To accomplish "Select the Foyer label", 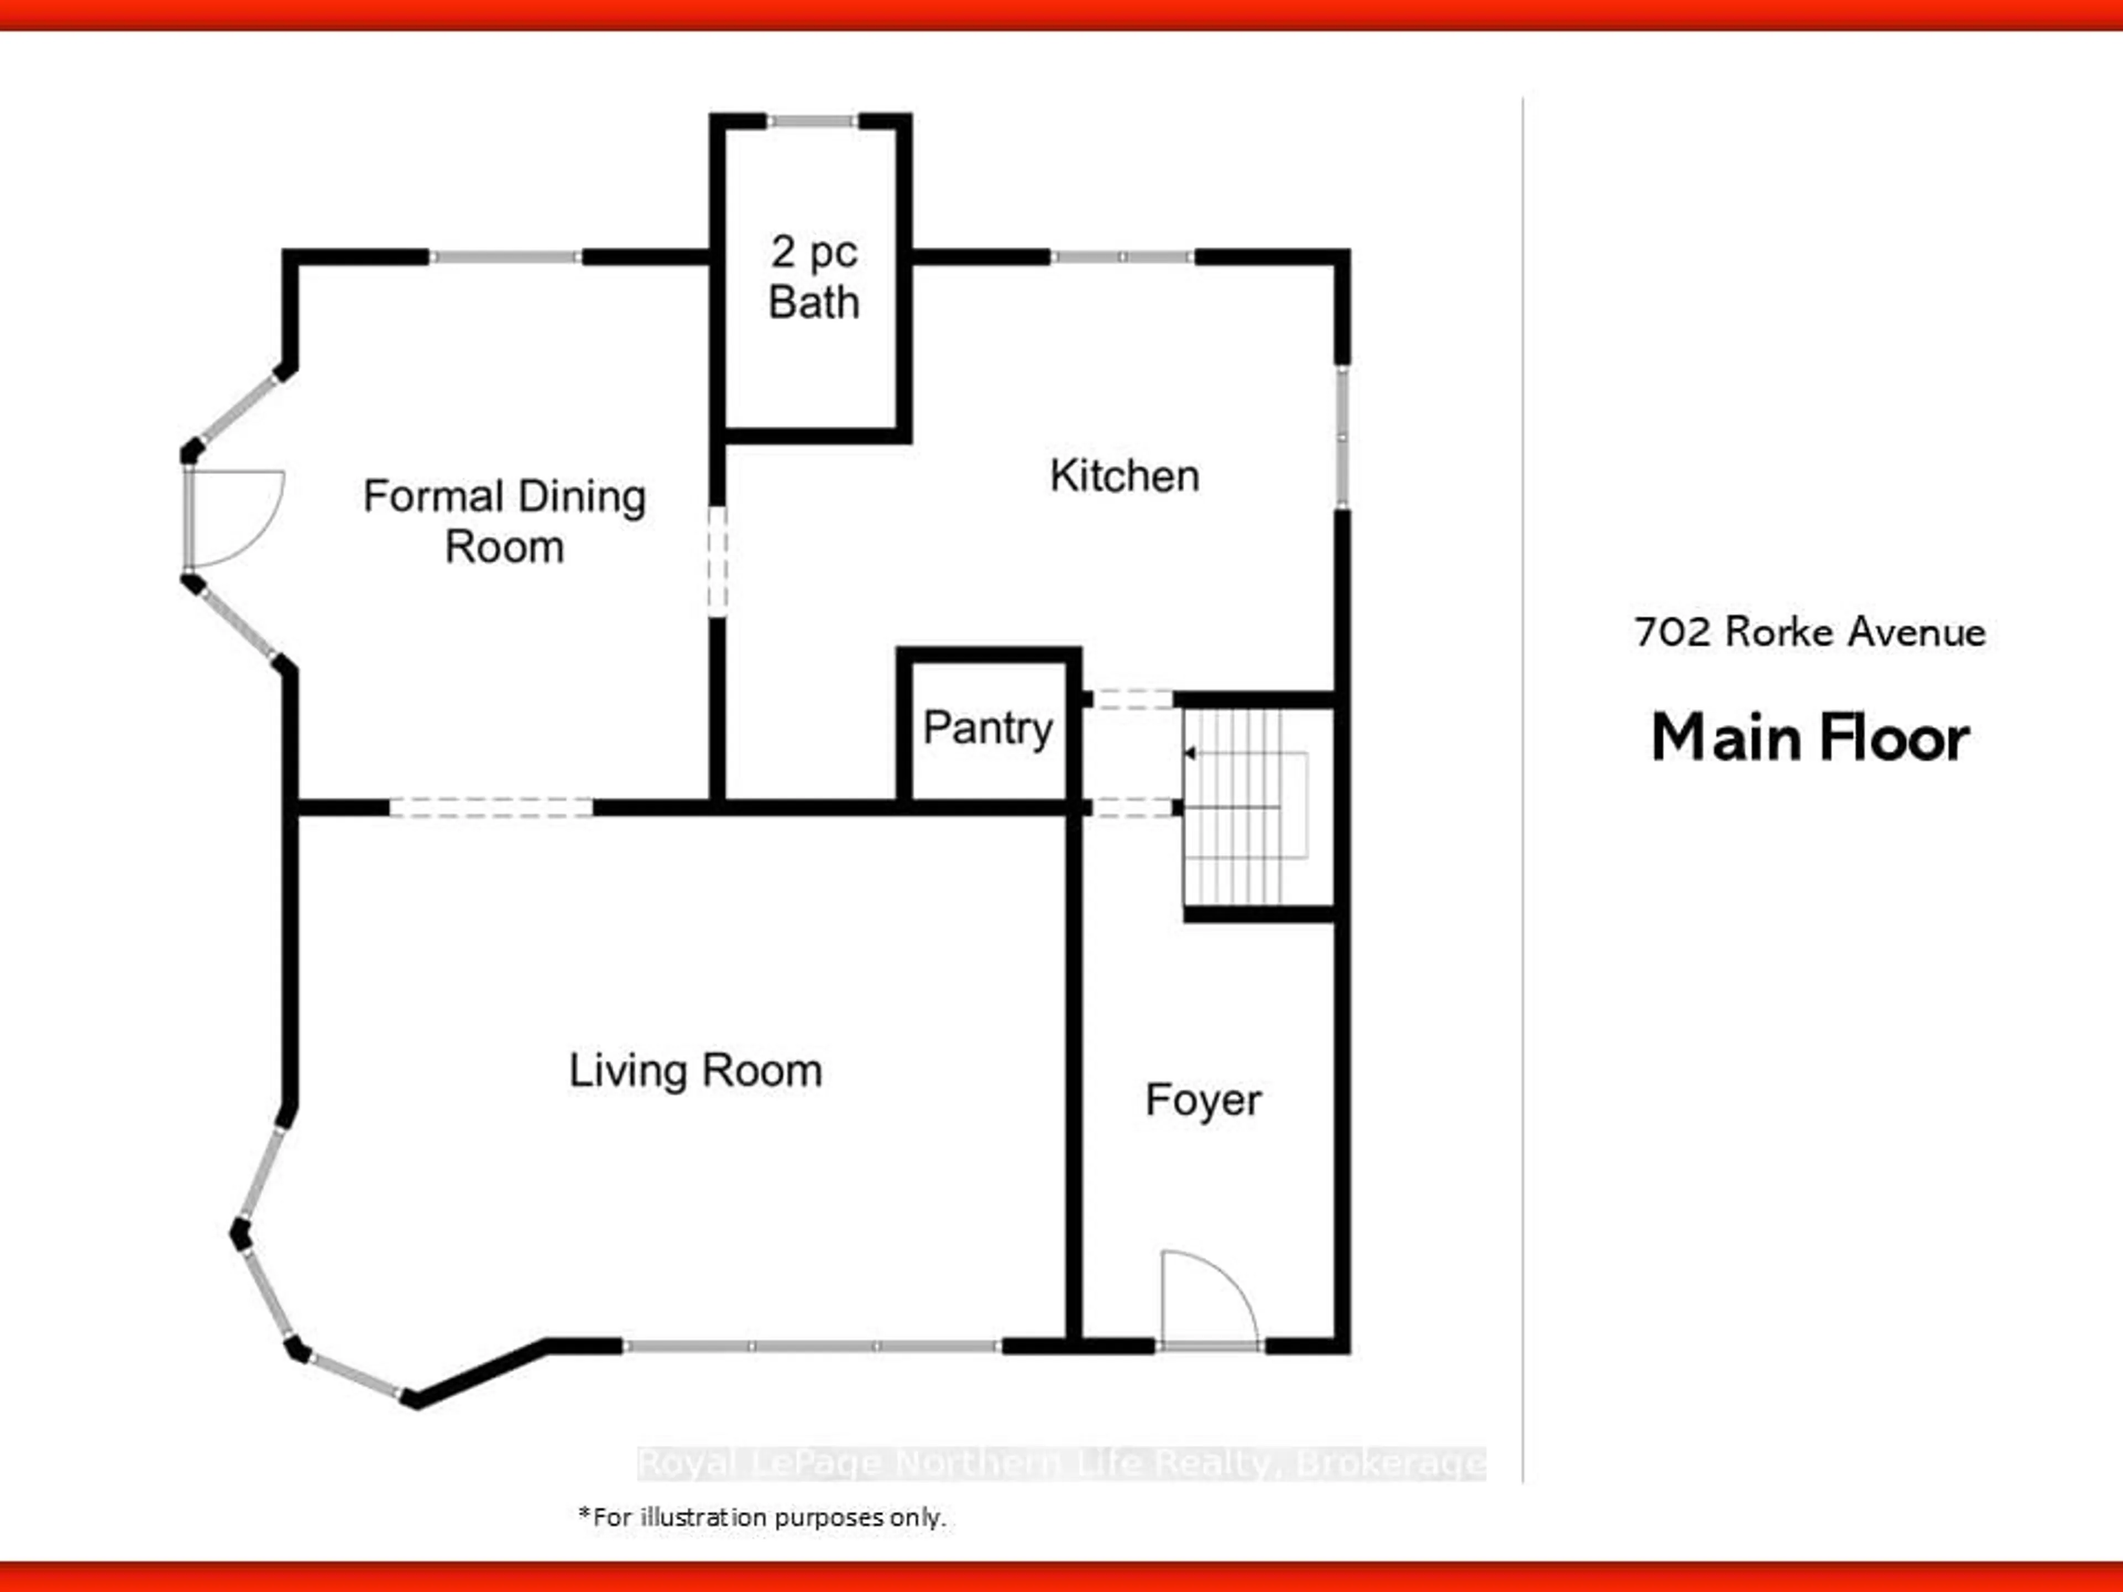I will pyautogui.click(x=1202, y=1099).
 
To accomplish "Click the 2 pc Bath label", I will pyautogui.click(x=814, y=277).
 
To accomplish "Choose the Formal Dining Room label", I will pyautogui.click(x=504, y=521).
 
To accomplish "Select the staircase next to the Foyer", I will pyautogui.click(x=1248, y=806).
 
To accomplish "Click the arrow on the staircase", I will pyautogui.click(x=1191, y=753).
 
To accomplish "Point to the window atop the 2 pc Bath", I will pyautogui.click(x=812, y=121).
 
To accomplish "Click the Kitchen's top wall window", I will pyautogui.click(x=1122, y=257).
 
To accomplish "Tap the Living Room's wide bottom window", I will pyautogui.click(x=812, y=1347).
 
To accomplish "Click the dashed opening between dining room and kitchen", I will pyautogui.click(x=717, y=562).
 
